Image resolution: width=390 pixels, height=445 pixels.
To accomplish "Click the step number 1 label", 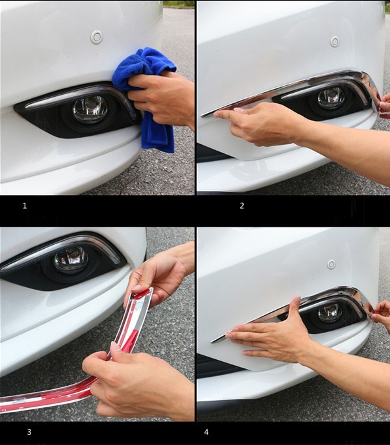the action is pos(25,206).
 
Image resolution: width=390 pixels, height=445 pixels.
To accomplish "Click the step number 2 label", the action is pos(242,206).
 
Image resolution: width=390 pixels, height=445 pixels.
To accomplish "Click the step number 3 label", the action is pos(29,432).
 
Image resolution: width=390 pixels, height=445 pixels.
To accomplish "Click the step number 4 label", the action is pos(206,432).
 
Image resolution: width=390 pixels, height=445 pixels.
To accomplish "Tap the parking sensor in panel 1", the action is pos(96,37).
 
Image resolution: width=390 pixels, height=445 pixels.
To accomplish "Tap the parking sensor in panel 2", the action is pos(335,42).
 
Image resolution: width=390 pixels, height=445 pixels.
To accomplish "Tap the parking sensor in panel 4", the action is pos(331,264).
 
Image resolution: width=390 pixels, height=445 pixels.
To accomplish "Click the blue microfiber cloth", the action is pos(148,94).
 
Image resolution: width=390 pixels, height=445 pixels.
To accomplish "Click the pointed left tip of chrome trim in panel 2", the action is pos(201,116).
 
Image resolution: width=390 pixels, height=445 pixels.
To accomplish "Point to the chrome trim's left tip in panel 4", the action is pos(212,342).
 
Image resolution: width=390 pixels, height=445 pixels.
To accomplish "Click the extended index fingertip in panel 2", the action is pos(217,114).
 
